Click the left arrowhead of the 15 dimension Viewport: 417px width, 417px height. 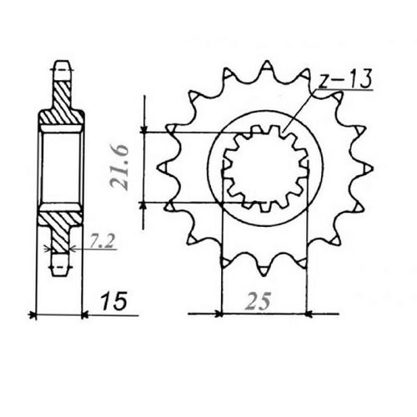33,315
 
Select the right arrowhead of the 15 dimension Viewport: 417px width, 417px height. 83,315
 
